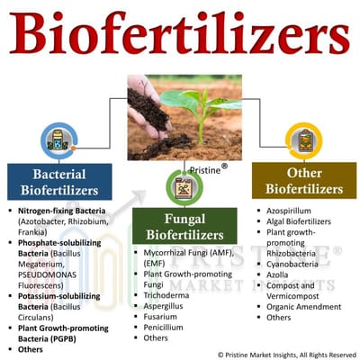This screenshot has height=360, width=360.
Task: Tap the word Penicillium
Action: (165, 327)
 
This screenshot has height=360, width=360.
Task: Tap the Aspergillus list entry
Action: (166, 303)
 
